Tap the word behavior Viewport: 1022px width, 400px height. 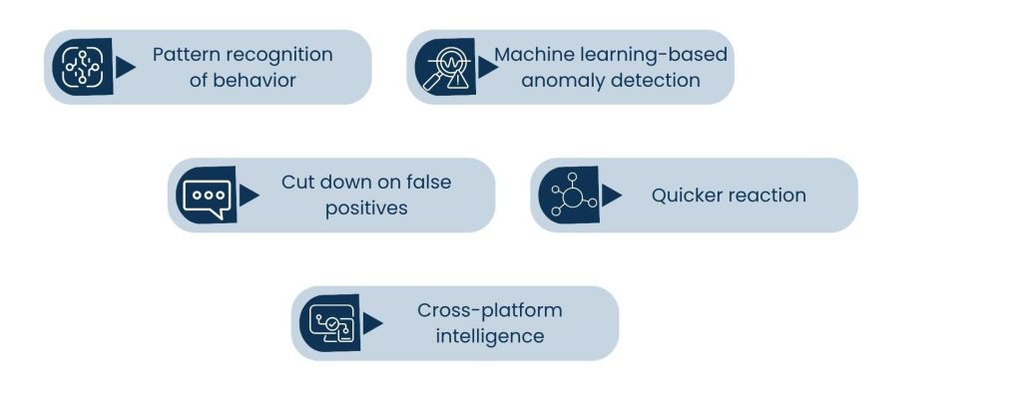coord(255,80)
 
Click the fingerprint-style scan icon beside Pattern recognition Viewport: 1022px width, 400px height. coord(82,67)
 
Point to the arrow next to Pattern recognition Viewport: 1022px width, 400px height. coord(125,67)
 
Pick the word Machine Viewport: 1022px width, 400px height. coord(533,54)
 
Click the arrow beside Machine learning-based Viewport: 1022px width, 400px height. coord(487,67)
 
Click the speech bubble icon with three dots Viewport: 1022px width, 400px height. coord(206,196)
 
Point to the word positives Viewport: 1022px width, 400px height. coord(367,208)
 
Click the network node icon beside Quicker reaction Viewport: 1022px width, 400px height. coord(568,196)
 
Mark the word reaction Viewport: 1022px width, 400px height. coord(768,196)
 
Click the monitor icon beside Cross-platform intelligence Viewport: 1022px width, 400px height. coord(330,324)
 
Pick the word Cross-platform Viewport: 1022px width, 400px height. coord(490,310)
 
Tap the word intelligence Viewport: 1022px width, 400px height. coord(490,336)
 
